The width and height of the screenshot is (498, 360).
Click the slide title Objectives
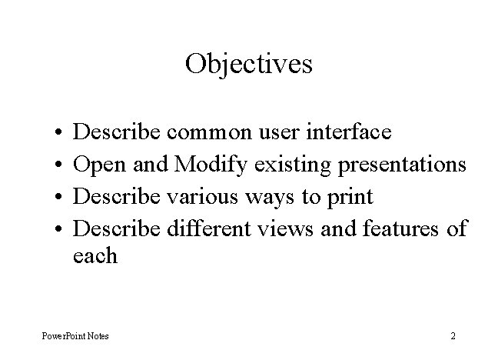pos(248,63)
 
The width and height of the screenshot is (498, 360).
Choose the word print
pos(348,198)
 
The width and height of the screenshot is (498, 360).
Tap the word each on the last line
pos(95,255)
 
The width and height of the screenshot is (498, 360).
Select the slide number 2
pos(453,336)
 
